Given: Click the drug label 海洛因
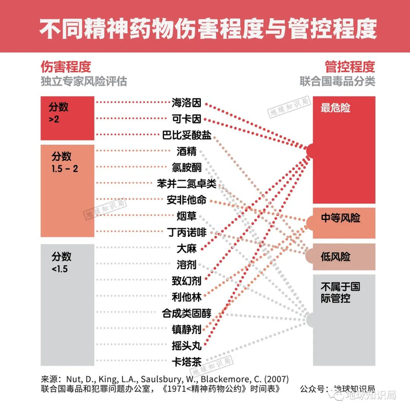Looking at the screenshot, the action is click(x=187, y=103).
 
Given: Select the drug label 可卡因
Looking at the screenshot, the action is click(x=187, y=119).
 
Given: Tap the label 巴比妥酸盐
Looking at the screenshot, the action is click(x=187, y=135).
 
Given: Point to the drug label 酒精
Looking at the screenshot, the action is click(x=187, y=151).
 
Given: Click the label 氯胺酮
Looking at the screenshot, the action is click(x=187, y=167).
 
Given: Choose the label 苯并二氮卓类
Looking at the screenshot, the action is click(x=187, y=184).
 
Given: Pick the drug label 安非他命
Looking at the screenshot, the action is click(x=187, y=200).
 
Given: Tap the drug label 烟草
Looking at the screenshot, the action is click(x=187, y=216).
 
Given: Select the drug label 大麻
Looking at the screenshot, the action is click(x=187, y=248).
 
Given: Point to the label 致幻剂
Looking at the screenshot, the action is click(x=187, y=280).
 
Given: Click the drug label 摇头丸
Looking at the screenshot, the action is click(x=187, y=345).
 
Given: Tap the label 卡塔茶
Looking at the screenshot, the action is click(x=187, y=361).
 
